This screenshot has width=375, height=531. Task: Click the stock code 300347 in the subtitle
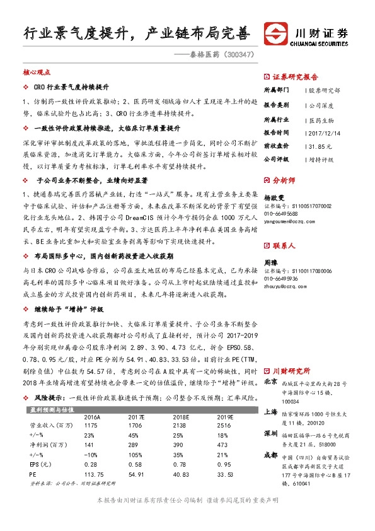[239, 55]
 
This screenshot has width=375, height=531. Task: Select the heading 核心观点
[36, 73]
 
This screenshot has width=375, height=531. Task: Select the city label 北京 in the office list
[270, 382]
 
